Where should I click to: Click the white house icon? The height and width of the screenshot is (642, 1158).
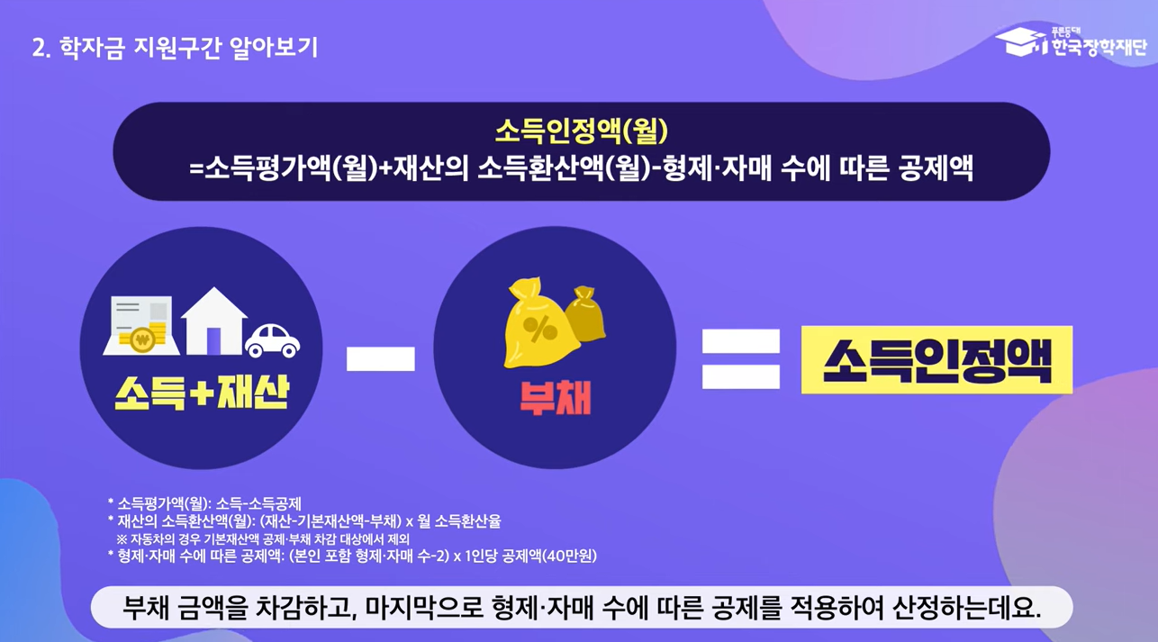click(x=213, y=321)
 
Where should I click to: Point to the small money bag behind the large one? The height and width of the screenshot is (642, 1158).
click(x=586, y=312)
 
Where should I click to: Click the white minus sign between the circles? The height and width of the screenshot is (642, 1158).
click(x=380, y=358)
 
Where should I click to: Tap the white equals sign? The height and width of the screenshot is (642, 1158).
click(x=740, y=358)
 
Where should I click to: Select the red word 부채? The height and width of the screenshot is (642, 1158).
click(x=555, y=397)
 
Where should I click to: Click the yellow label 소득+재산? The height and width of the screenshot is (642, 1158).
click(x=201, y=393)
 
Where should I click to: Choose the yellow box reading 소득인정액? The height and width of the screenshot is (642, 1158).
click(x=936, y=360)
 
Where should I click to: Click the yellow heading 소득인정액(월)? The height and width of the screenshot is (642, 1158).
click(x=581, y=131)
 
